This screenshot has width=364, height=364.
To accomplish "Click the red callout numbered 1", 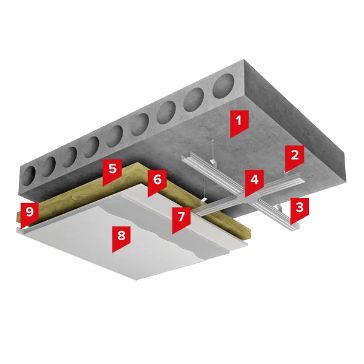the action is click(x=240, y=123).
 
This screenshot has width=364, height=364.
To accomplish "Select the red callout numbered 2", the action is click(x=294, y=158).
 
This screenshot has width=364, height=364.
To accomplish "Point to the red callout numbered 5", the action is click(x=112, y=172).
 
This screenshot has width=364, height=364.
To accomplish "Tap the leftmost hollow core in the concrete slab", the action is click(x=29, y=176).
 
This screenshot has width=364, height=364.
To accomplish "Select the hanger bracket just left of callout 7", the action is click(x=204, y=200).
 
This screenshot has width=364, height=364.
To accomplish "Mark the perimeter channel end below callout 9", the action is click(x=19, y=231).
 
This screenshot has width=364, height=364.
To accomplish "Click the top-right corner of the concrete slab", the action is click(x=244, y=59).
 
